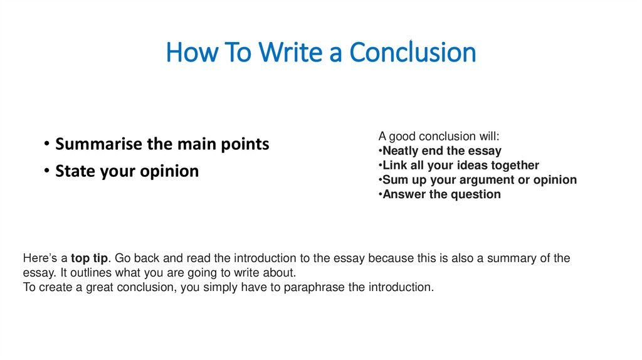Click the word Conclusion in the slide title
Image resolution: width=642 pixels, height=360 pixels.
pyautogui.click(x=413, y=53)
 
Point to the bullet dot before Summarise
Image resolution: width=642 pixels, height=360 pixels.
pyautogui.click(x=48, y=144)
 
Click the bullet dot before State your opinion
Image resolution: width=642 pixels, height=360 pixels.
pyautogui.click(x=48, y=171)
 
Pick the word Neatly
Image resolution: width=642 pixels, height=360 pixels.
pyautogui.click(x=401, y=151)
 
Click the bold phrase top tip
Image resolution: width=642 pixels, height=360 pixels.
pyautogui.click(x=90, y=258)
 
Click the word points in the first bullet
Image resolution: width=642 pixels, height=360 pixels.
pyautogui.click(x=245, y=144)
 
